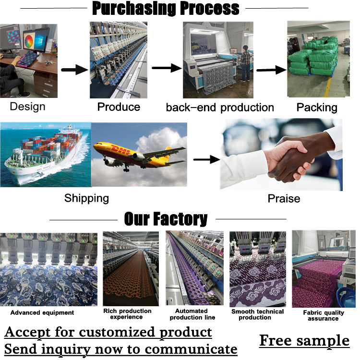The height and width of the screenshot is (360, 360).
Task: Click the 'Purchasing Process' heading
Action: point(166,9)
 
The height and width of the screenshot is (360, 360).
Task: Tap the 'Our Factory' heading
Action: point(166,219)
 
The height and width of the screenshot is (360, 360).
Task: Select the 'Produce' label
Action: point(119,107)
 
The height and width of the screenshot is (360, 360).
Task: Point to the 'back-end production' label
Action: point(220,107)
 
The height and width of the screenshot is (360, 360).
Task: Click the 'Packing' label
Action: point(317,107)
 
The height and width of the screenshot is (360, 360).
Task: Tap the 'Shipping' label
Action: point(86,198)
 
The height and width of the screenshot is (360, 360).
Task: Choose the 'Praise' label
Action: point(284,198)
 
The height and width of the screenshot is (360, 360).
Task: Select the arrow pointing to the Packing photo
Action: point(271,70)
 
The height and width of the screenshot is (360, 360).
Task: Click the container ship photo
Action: point(46,154)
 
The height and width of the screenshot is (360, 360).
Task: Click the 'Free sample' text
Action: point(304,340)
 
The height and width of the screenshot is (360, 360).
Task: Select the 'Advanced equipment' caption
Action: point(42,312)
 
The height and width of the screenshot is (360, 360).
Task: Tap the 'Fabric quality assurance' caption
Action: point(324,315)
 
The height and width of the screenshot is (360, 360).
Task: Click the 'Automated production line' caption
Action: point(192,314)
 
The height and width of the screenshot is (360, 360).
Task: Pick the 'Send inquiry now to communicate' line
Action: point(121,348)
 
